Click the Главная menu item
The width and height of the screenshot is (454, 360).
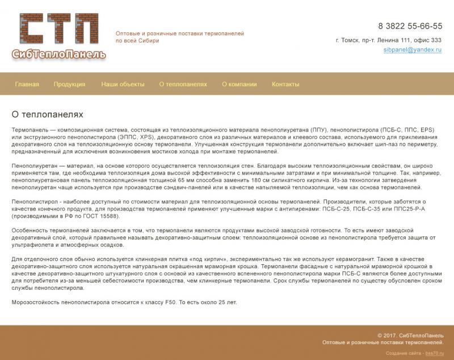pos(27,84)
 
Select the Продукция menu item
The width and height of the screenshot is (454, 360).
pos(69,84)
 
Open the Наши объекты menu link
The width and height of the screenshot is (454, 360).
pos(123,84)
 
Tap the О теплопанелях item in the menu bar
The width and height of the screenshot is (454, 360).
pos(183,84)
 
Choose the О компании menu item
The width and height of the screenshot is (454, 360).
pos(239,84)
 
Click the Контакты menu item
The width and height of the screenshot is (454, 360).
pos(285,84)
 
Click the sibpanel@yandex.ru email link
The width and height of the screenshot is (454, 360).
pos(412,50)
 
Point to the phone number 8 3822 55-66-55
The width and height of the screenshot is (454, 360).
pos(410,26)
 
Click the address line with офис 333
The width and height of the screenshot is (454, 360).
pos(389,40)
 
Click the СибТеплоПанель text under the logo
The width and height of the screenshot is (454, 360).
pos(58,54)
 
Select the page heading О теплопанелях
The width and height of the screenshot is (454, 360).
pos(47,115)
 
